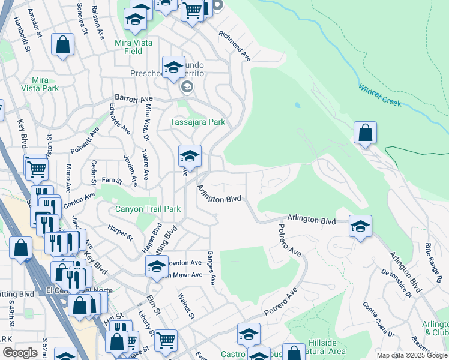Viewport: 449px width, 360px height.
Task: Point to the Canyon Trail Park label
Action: [148, 209]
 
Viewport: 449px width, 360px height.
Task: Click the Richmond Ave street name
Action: [235, 46]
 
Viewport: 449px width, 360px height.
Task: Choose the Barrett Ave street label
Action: [134, 98]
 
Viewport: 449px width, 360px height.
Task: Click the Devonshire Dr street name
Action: [396, 283]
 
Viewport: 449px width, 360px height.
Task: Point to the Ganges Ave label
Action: [211, 268]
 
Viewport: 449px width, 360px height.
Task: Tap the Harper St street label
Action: [121, 233]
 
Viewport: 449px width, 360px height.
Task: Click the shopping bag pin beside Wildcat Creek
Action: [365, 133]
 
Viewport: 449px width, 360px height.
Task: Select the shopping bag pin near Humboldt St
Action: [62, 45]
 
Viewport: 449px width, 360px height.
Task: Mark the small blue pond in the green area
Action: [297, 105]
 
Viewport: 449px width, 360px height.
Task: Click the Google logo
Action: [20, 353]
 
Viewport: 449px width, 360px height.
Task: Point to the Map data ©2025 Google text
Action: [411, 355]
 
